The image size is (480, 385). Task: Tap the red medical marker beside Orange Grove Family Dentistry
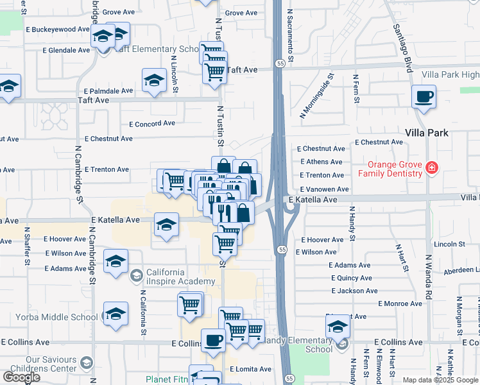coord(432,169)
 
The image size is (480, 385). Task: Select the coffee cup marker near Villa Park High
coord(424,98)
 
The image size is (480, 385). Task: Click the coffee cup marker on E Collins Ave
coord(213,340)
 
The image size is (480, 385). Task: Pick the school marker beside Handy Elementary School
coord(338,327)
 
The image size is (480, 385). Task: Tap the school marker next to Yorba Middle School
coord(116,314)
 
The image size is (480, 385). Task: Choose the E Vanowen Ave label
coord(324,189)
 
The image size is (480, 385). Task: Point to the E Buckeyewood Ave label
coord(58,30)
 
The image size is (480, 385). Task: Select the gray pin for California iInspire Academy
coord(135,277)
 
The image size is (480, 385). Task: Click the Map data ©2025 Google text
coord(440,380)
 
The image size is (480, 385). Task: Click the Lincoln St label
coord(449,244)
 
